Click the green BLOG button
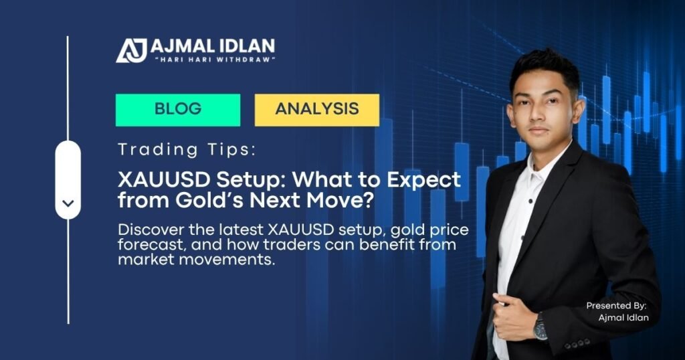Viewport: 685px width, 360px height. (x=177, y=109)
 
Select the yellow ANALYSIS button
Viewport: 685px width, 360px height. (x=316, y=109)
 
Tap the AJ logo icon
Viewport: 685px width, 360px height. (x=132, y=50)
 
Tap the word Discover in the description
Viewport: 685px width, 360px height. (x=147, y=231)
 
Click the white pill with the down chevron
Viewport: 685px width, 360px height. (x=68, y=179)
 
